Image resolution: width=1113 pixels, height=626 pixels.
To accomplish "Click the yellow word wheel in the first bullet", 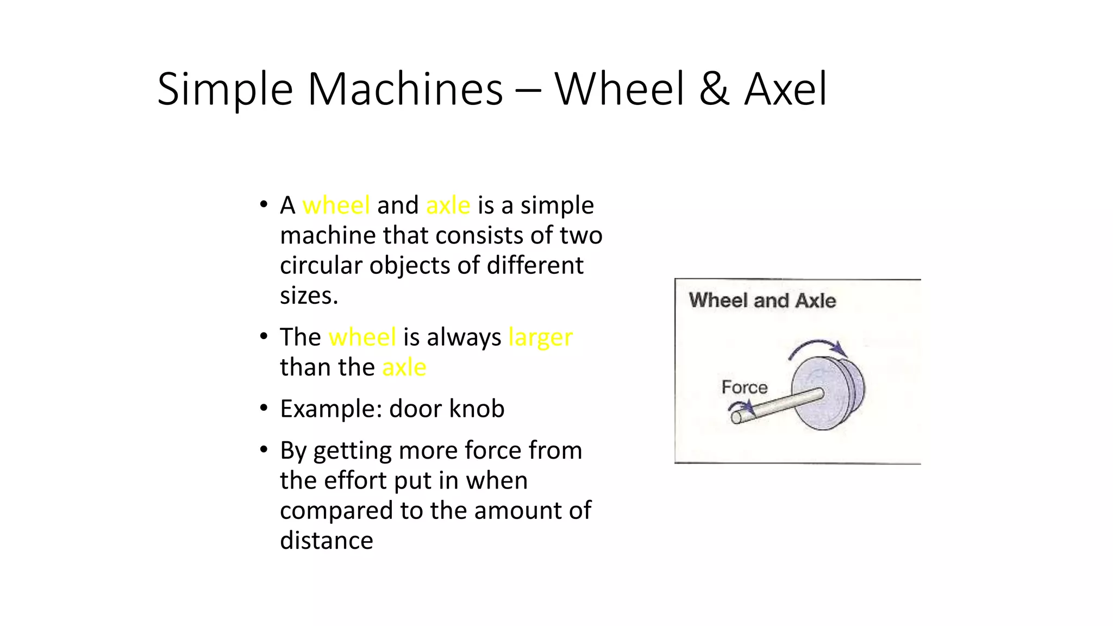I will pyautogui.click(x=336, y=205).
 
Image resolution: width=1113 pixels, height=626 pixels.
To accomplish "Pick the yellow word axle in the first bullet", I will pyautogui.click(x=448, y=205).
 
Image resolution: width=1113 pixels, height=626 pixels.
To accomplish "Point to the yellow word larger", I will pyautogui.click(x=540, y=337).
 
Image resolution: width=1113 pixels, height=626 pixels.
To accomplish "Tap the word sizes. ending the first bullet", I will pyautogui.click(x=309, y=296).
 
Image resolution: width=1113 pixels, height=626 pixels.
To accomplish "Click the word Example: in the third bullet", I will pyautogui.click(x=330, y=409).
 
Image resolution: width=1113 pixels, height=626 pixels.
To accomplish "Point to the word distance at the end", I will pyautogui.click(x=326, y=541).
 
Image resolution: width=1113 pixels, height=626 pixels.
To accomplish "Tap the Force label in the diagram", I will pyautogui.click(x=744, y=387).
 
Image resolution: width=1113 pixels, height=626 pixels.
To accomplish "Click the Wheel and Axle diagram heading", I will pyautogui.click(x=762, y=301).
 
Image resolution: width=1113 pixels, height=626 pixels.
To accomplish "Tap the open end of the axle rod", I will pyautogui.click(x=736, y=417).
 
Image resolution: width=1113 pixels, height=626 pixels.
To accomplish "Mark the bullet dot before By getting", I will pyautogui.click(x=264, y=450).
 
